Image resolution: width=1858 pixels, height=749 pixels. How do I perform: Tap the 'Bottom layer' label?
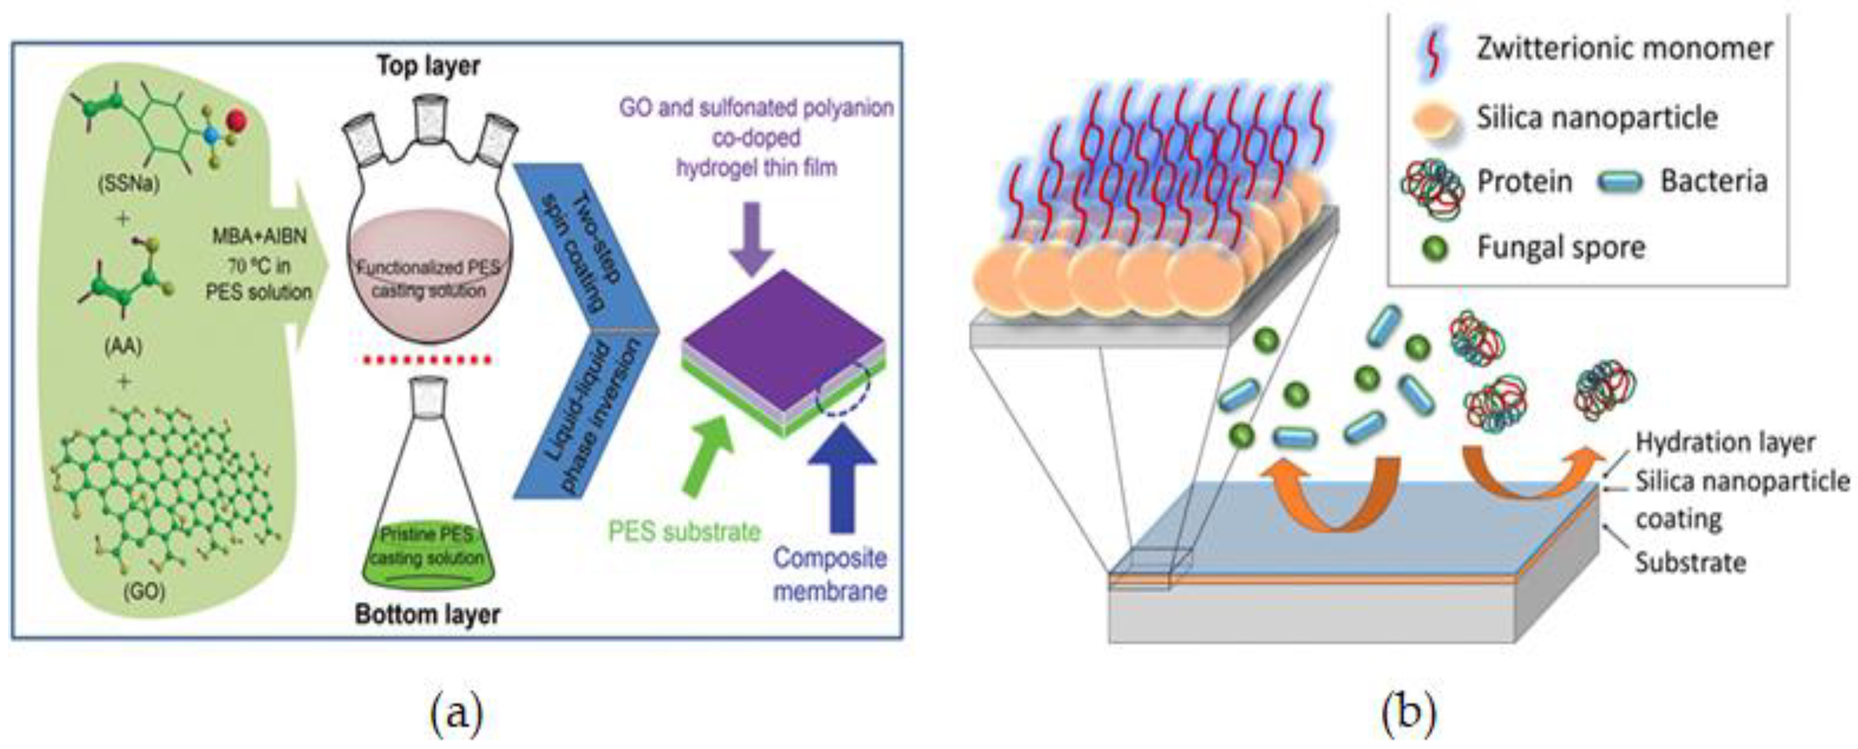427,614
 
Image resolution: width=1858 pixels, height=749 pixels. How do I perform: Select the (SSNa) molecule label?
129,185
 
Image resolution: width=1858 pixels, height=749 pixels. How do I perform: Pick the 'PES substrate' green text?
684,531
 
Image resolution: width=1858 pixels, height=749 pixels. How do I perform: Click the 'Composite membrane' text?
829,574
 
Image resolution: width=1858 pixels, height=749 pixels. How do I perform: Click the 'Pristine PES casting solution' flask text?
427,545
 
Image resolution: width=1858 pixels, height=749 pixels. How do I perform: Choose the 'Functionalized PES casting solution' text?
429,279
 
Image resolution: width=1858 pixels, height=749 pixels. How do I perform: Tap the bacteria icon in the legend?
1620,182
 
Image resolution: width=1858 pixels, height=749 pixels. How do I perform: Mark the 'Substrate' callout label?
1690,562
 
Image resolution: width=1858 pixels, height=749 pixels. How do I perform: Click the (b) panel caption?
1408,712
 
